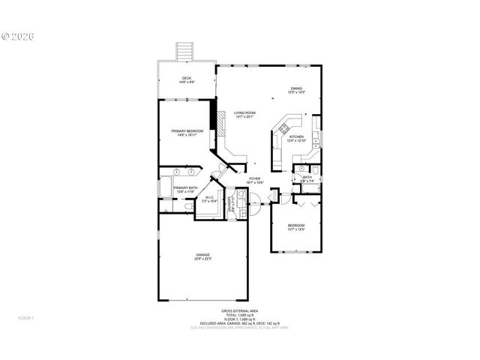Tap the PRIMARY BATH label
185,190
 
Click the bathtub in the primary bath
164,187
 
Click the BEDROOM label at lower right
297,227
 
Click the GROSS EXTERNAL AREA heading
239,310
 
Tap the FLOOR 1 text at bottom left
26,319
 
